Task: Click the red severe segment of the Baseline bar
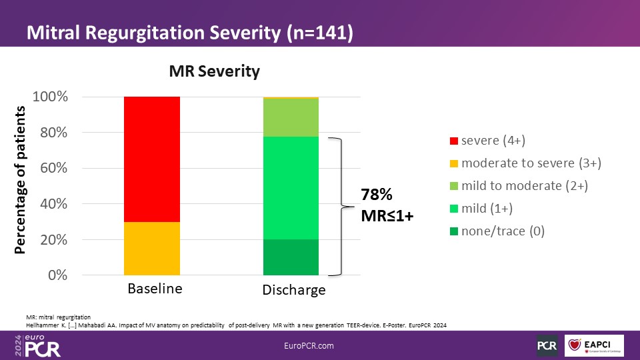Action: [x=152, y=159]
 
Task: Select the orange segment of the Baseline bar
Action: [x=152, y=248]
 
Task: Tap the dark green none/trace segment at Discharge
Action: [x=291, y=257]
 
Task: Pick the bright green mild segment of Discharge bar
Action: [x=291, y=188]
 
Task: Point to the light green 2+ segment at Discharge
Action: [x=291, y=117]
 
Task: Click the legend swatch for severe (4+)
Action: [x=455, y=141]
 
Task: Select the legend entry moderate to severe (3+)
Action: [x=531, y=163]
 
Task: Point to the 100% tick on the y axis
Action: [x=49, y=97]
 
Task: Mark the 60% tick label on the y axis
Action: [x=53, y=168]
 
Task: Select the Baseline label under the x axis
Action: [x=155, y=289]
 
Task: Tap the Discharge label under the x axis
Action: [x=294, y=290]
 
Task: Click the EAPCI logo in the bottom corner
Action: [x=593, y=345]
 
